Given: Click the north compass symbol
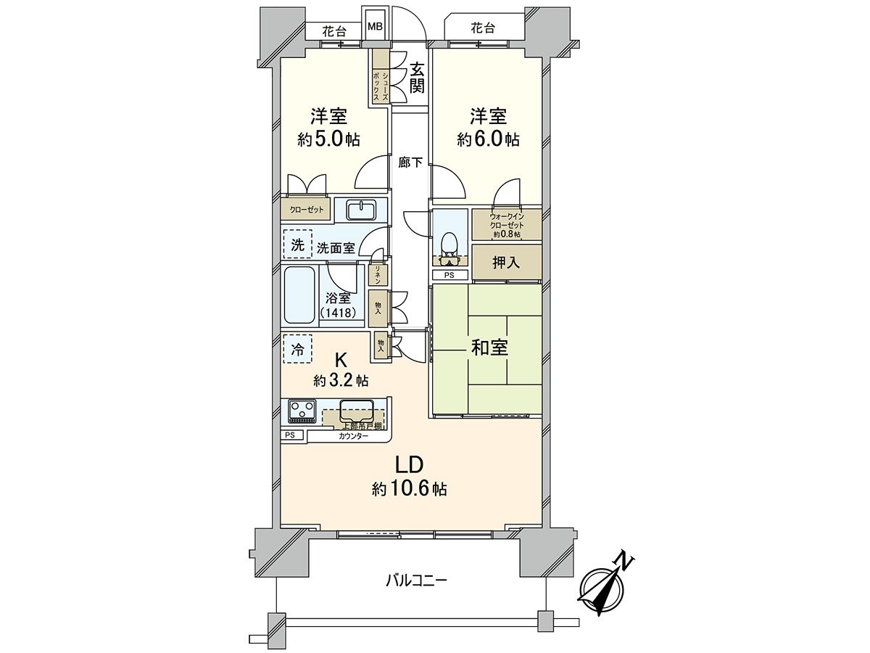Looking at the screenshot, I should (605, 586).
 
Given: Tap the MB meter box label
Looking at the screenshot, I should (375, 27).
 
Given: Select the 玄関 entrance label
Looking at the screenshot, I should (417, 78).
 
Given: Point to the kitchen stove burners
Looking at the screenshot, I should (301, 411).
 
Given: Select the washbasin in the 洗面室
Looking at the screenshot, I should (360, 210).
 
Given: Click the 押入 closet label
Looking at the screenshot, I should (506, 263).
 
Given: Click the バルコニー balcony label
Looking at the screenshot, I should (416, 580).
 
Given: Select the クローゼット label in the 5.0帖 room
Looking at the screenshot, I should (307, 209).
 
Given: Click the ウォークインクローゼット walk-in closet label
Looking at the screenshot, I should (506, 224).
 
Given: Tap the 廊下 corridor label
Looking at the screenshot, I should (410, 163).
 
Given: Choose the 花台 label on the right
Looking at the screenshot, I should (482, 28).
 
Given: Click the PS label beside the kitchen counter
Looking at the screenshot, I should (290, 435).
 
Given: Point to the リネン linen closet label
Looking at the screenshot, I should (378, 274).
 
